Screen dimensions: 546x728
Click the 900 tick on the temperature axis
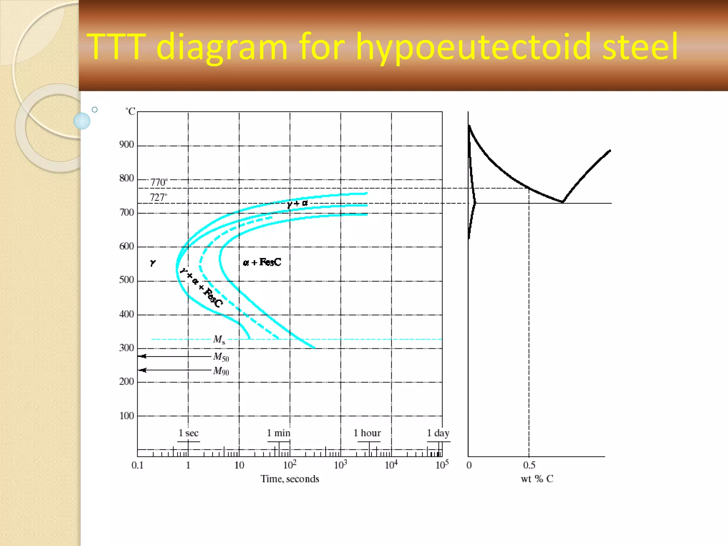[x=127, y=145]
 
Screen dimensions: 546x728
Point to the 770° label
[x=159, y=182]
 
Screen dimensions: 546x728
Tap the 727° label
[x=158, y=197]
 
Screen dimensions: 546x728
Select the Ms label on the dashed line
[x=219, y=339]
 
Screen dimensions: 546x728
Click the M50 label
[x=221, y=357]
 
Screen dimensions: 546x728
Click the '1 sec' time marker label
[x=188, y=433]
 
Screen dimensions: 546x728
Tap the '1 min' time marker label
[x=279, y=433]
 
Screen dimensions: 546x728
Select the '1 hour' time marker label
[x=367, y=433]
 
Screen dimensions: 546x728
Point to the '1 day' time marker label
[x=438, y=433]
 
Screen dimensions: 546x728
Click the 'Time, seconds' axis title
[x=290, y=479]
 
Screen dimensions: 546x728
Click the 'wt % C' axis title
[x=537, y=479]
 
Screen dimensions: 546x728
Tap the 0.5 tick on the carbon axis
[x=529, y=465]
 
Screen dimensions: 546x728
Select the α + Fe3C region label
[x=262, y=262]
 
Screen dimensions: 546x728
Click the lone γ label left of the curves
[x=153, y=263]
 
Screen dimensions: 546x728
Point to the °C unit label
[x=130, y=111]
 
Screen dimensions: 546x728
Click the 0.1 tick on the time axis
[x=138, y=465]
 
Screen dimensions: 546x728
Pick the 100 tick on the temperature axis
[x=127, y=416]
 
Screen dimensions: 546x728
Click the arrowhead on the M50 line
[x=143, y=356]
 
